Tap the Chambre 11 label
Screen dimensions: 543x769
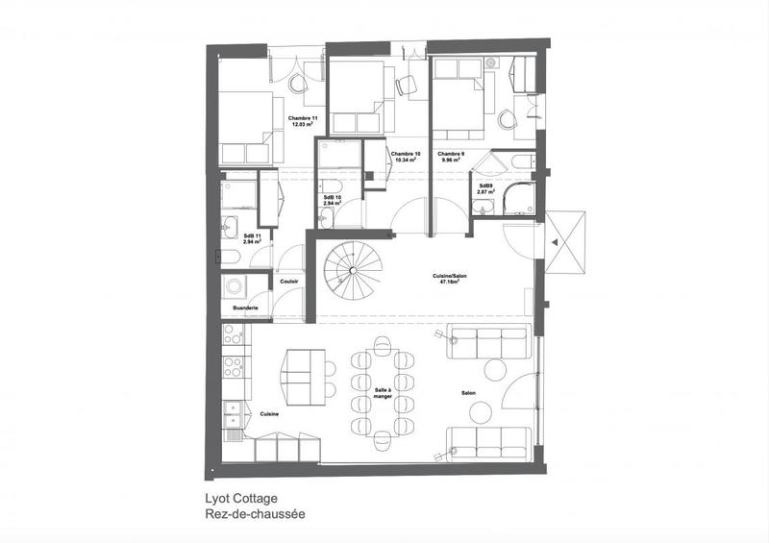pyautogui.click(x=303, y=118)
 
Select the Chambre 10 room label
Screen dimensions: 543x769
pyautogui.click(x=404, y=154)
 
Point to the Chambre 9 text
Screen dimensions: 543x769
pyautogui.click(x=450, y=154)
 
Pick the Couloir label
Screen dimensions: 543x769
pyautogui.click(x=288, y=282)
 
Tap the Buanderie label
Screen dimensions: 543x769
pyautogui.click(x=244, y=307)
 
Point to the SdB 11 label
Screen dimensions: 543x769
pyautogui.click(x=254, y=235)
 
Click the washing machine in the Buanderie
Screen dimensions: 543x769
pyautogui.click(x=234, y=286)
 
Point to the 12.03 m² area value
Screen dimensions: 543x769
pyautogui.click(x=303, y=126)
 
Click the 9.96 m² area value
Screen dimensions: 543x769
pyautogui.click(x=450, y=161)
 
